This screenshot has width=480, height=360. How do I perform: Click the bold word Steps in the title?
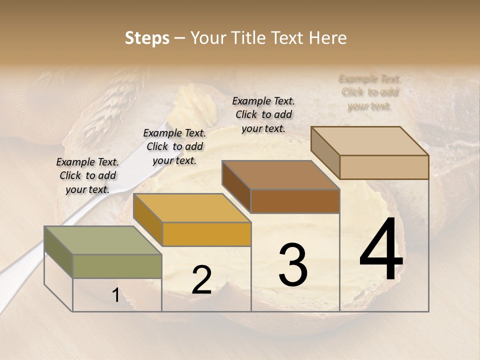(147, 38)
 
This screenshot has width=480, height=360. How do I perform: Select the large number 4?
(381, 250)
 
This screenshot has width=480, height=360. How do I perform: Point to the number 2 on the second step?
(201, 280)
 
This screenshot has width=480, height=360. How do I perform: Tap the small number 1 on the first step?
(116, 295)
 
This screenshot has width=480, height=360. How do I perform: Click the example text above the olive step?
(87, 175)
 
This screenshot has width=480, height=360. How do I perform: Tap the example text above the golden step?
(174, 146)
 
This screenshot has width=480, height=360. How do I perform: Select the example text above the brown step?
(263, 114)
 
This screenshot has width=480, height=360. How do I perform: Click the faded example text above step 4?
(370, 92)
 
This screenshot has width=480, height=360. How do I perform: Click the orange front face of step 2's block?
(206, 234)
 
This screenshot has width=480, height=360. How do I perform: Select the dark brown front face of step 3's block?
(295, 201)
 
